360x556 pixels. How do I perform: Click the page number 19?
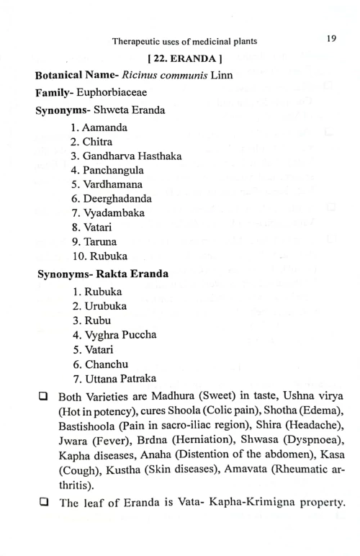pyautogui.click(x=331, y=39)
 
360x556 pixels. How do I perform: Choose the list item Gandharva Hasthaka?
pyautogui.click(x=132, y=156)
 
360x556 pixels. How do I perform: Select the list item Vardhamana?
pyautogui.click(x=112, y=184)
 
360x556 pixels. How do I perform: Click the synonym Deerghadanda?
pyautogui.click(x=117, y=198)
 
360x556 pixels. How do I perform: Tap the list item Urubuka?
pyautogui.click(x=103, y=306)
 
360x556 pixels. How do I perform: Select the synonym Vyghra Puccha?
pyautogui.click(x=120, y=335)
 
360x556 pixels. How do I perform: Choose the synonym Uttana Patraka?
pyautogui.click(x=120, y=378)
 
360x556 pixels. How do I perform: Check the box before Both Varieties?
pyautogui.click(x=44, y=396)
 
